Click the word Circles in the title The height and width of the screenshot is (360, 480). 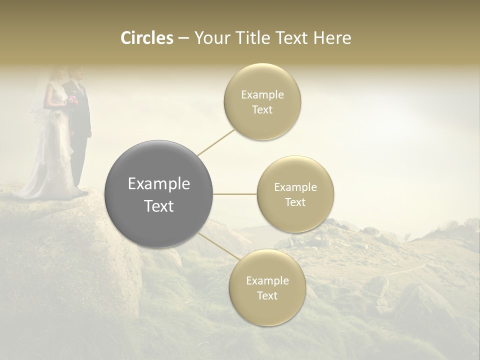pos(146,38)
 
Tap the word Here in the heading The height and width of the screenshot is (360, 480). pos(332,38)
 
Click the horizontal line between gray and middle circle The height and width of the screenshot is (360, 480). pos(234,194)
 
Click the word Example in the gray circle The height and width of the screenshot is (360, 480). pos(158,184)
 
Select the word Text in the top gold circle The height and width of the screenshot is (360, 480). pos(262,110)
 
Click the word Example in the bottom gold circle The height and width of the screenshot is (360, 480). pos(267,281)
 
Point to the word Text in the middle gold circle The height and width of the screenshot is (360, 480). pos(295,202)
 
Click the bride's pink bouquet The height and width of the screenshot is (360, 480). pos(73,100)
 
